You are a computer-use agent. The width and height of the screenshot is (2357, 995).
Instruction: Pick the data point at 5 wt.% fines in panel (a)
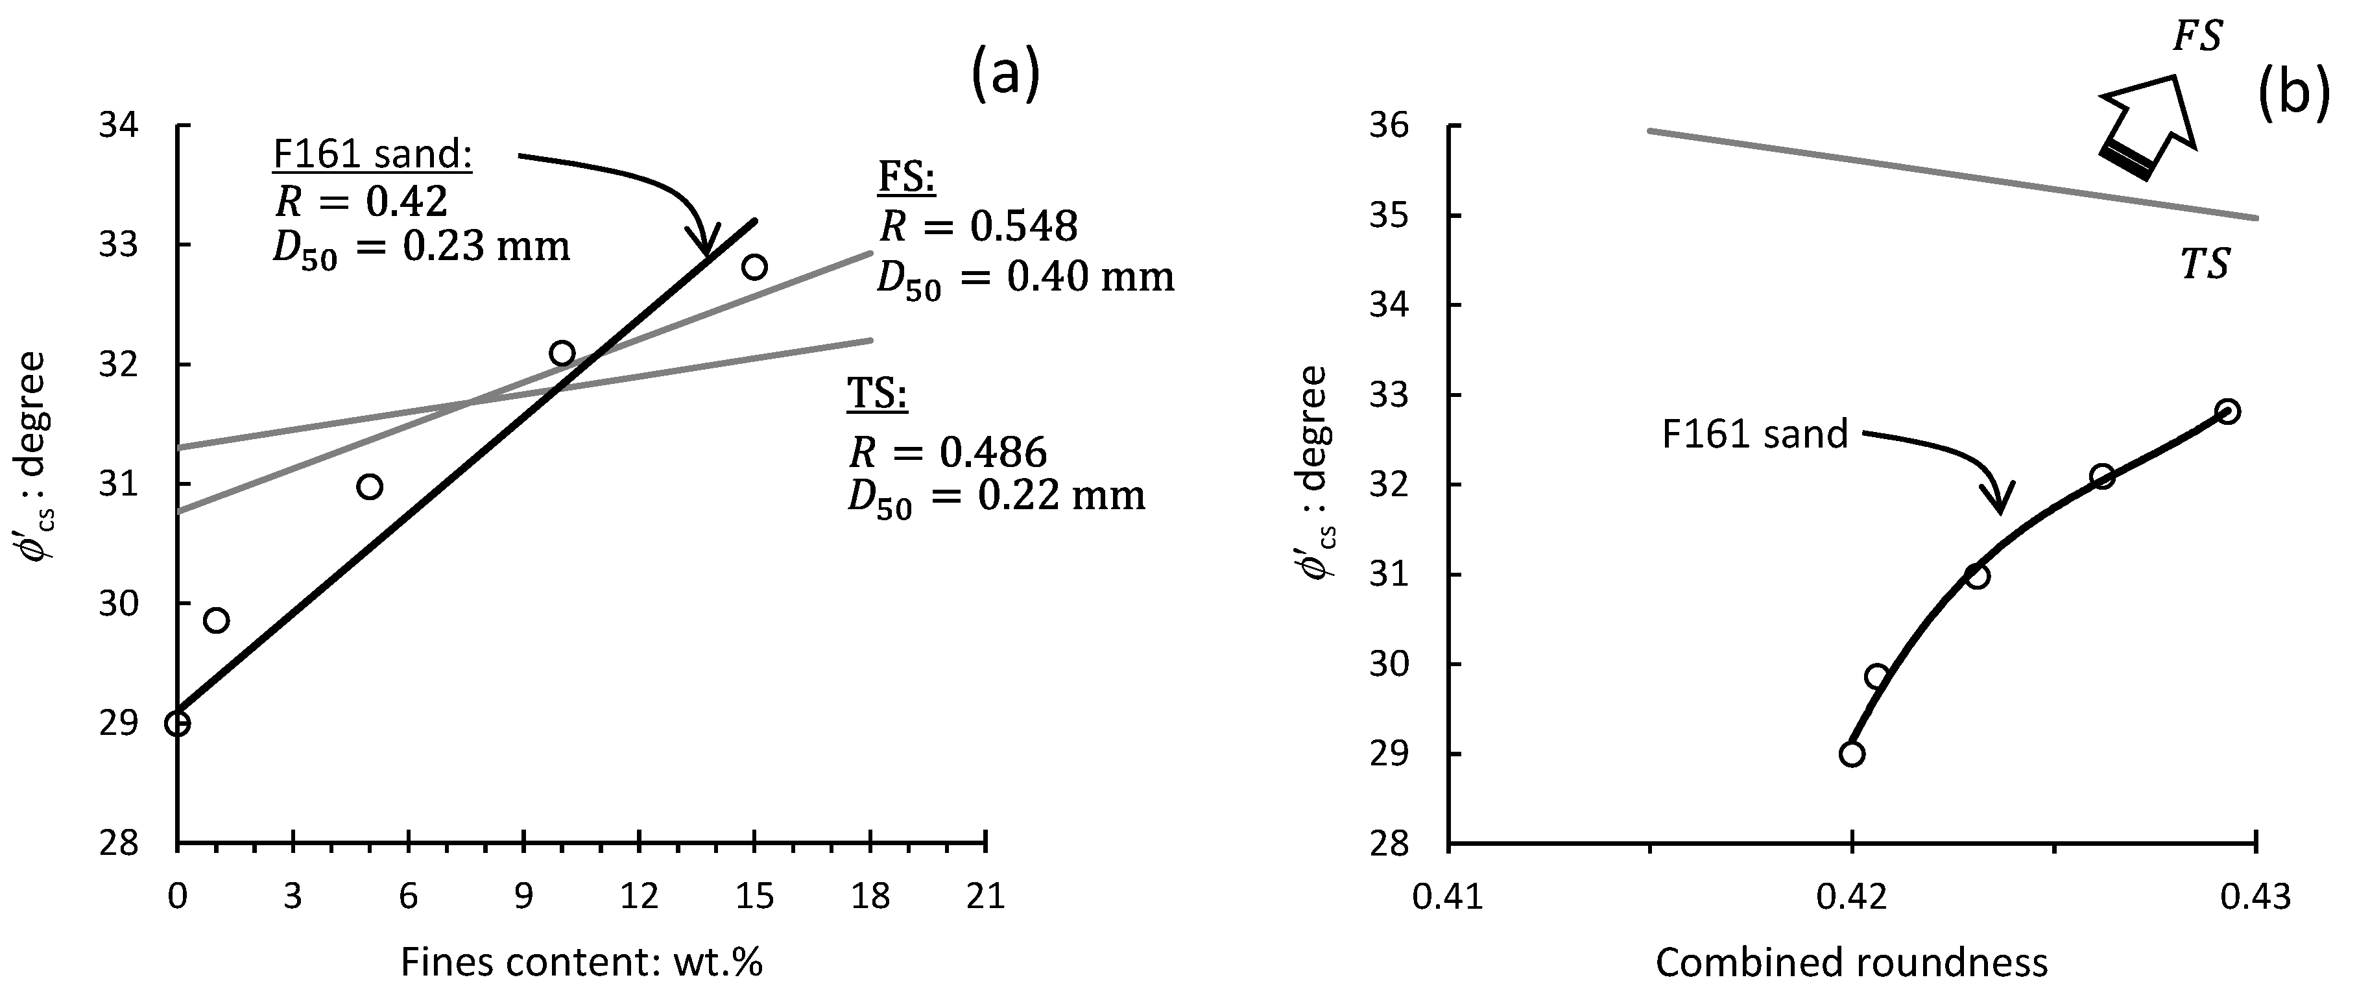pos(370,486)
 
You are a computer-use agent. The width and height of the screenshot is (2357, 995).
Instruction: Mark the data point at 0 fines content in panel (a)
pos(178,723)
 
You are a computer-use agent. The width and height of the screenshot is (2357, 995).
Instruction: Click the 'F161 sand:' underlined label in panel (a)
pos(372,154)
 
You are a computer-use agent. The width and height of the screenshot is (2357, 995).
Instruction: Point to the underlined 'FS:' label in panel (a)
pos(907,180)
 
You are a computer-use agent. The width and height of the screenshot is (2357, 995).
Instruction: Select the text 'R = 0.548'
pos(978,226)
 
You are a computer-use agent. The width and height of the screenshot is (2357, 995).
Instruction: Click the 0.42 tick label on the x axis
pos(1852,896)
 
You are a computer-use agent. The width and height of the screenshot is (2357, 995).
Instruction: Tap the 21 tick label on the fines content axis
pos(985,896)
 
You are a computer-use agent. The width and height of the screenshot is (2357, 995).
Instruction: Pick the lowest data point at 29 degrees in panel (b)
pos(1852,753)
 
